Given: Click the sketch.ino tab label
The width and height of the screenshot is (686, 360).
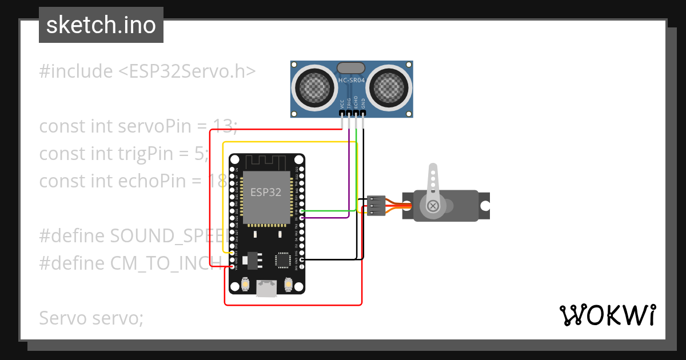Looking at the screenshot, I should pyautogui.click(x=101, y=25).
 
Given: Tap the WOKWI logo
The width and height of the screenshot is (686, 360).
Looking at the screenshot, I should pyautogui.click(x=607, y=315).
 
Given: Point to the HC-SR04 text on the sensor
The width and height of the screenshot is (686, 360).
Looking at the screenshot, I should pyautogui.click(x=352, y=81).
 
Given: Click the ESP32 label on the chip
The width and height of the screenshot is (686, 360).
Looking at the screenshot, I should pyautogui.click(x=266, y=192).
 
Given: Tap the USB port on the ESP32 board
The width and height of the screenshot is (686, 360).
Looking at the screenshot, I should pyautogui.click(x=266, y=288).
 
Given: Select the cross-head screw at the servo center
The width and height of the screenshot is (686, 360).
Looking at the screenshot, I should pyautogui.click(x=433, y=205).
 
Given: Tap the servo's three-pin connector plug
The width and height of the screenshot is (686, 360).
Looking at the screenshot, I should pyautogui.click(x=375, y=206).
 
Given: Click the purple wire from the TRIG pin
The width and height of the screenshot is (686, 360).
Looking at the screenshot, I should pyautogui.click(x=349, y=171).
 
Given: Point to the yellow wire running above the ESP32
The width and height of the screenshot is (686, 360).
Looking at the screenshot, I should pyautogui.click(x=286, y=142).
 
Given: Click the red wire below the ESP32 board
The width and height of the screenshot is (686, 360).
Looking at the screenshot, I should pyautogui.click(x=292, y=304).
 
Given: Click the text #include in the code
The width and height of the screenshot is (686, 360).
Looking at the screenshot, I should pyautogui.click(x=76, y=71).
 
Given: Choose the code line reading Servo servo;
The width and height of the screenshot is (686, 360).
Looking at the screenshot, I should pyautogui.click(x=91, y=318).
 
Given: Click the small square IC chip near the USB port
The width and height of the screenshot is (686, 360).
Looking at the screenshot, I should pyautogui.click(x=282, y=260).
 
